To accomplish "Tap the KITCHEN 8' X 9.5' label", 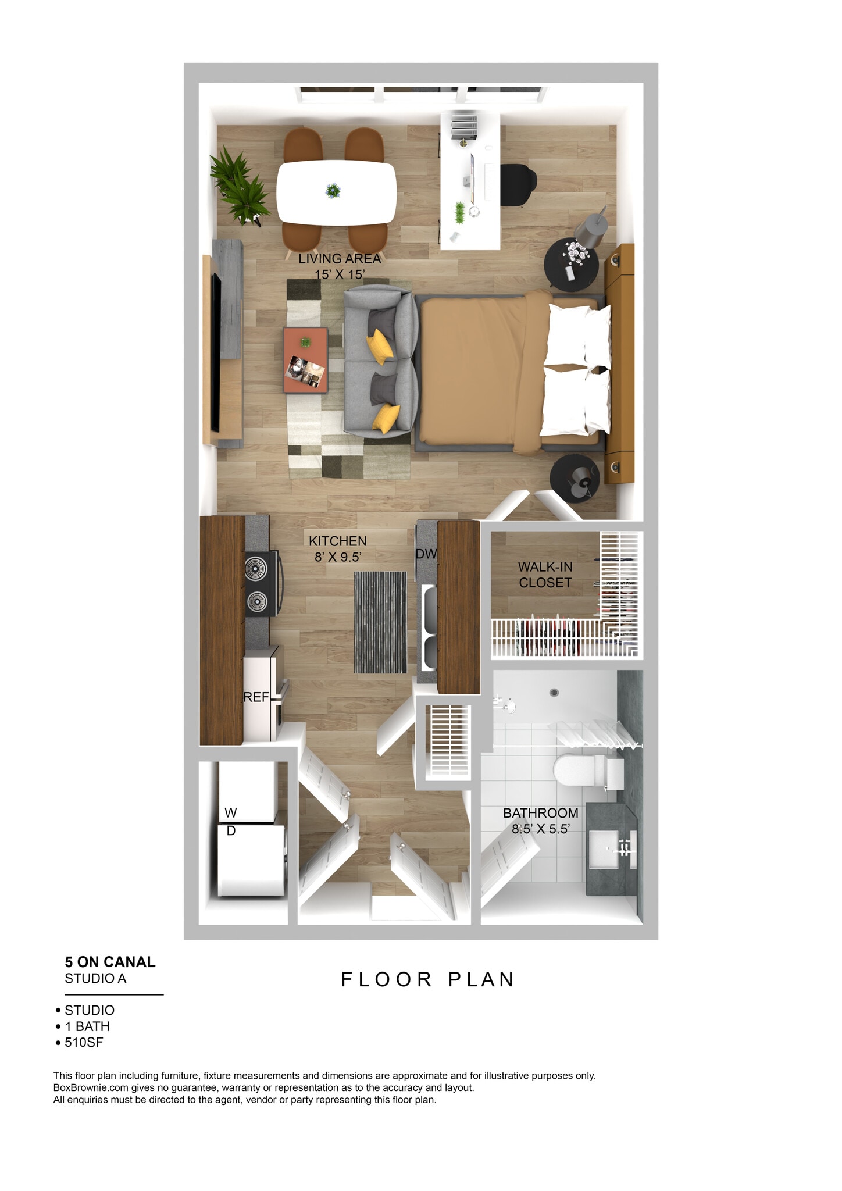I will pyautogui.click(x=338, y=548).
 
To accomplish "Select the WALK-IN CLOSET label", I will pyautogui.click(x=545, y=574).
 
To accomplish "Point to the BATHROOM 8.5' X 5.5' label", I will pyautogui.click(x=540, y=821).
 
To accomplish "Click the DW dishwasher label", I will pyautogui.click(x=426, y=554).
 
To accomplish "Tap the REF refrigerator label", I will pyautogui.click(x=256, y=697).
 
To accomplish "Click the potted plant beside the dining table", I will pyautogui.click(x=240, y=185).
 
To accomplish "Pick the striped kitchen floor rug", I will pyautogui.click(x=380, y=622).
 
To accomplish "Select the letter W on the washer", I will pyautogui.click(x=231, y=812).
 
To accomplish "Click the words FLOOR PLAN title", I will pyautogui.click(x=427, y=979).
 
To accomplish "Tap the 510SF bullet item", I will pyautogui.click(x=84, y=1042).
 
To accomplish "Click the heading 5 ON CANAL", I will pyautogui.click(x=110, y=962).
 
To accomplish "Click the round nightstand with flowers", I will pyautogui.click(x=571, y=265).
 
